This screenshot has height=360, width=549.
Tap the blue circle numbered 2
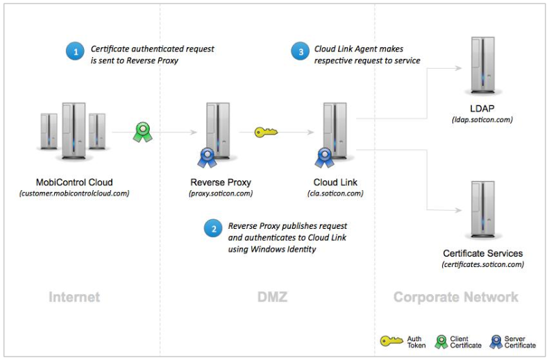(212, 228)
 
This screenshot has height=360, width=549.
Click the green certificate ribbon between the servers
(143, 132)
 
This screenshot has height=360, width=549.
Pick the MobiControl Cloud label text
(74, 182)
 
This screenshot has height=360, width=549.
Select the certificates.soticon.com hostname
(482, 264)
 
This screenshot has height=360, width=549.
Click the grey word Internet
(74, 297)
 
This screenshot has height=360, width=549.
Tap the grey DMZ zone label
(268, 297)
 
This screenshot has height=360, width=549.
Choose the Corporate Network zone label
(456, 297)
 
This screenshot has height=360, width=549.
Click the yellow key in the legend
(390, 341)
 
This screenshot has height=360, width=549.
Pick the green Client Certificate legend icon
(441, 341)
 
